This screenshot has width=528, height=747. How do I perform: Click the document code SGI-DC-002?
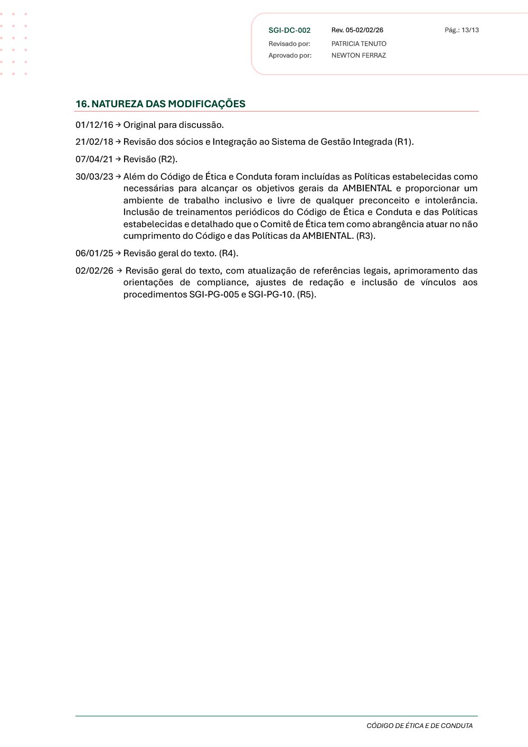[289, 31]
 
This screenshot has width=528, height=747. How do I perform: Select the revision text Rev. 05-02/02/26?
[357, 30]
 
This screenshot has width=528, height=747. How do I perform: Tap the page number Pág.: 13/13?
[461, 30]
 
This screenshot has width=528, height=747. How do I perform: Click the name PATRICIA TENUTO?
[359, 44]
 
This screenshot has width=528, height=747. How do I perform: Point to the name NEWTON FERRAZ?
[359, 55]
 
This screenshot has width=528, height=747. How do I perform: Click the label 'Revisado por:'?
[289, 44]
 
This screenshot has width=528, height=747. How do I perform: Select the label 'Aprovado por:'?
[290, 55]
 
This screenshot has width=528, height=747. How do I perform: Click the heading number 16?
[82, 104]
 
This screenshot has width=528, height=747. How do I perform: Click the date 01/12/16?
[94, 125]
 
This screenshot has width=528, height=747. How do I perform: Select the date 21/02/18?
[94, 142]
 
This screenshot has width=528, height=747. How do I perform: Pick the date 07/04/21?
[94, 160]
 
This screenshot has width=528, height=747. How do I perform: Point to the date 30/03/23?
[94, 177]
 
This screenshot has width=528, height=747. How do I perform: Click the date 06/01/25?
[94, 254]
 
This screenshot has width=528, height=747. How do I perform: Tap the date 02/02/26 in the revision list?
[94, 271]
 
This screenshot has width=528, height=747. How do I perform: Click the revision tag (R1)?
[404, 142]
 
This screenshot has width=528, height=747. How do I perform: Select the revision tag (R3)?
[366, 236]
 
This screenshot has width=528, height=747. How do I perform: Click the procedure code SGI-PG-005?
[214, 295]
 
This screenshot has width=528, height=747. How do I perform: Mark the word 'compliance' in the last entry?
[222, 283]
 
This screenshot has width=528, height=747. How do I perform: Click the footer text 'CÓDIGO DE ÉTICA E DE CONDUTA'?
[419, 726]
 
